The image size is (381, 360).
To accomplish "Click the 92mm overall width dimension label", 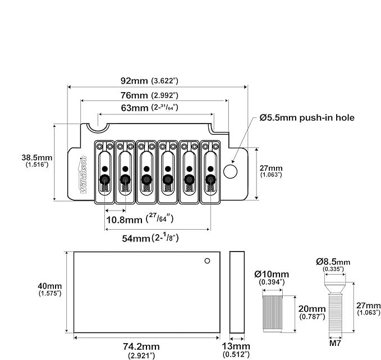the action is (149, 80).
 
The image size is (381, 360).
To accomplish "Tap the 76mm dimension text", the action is (149, 95).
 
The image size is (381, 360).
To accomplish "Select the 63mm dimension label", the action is (149, 107).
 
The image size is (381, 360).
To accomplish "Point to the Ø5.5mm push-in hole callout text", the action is (307, 118).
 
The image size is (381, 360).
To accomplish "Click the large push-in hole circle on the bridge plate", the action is (230, 171).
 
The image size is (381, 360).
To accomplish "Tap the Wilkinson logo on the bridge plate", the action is (83, 175).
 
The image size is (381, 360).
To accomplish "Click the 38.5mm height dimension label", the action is (37, 161).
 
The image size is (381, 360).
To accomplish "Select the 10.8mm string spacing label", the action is (140, 219).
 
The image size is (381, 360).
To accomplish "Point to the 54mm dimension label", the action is (150, 238).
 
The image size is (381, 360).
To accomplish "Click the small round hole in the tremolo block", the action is (207, 261).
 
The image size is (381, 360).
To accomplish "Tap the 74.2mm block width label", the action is (141, 350).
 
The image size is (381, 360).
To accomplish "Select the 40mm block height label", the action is (50, 289).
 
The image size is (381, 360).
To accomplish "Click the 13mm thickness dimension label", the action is (236, 350).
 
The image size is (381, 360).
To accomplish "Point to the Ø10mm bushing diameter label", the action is (272, 277).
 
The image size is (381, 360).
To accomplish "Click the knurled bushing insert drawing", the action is (273, 314).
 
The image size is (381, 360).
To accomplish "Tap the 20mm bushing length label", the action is (312, 312).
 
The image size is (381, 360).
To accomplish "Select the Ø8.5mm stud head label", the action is (333, 265).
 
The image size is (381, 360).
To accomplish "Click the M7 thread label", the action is (336, 343).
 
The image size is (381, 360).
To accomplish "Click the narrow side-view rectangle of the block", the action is (237, 293).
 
